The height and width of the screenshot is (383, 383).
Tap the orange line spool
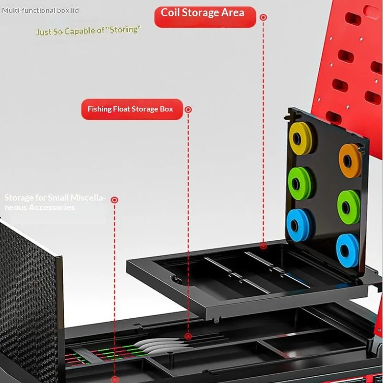[350, 161]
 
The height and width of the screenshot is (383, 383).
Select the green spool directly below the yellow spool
[300, 183]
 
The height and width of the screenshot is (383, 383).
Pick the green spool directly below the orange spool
[349, 207]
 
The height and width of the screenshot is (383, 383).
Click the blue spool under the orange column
[348, 250]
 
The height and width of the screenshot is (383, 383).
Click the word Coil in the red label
[170, 13]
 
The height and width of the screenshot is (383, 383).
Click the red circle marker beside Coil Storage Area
[263, 17]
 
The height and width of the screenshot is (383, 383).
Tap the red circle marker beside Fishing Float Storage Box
[188, 110]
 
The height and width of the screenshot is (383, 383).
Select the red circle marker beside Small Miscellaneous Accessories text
[114, 200]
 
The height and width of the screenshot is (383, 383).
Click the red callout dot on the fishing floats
[188, 337]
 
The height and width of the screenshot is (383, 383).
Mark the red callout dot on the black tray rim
[263, 246]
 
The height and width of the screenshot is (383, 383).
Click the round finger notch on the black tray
[175, 280]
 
